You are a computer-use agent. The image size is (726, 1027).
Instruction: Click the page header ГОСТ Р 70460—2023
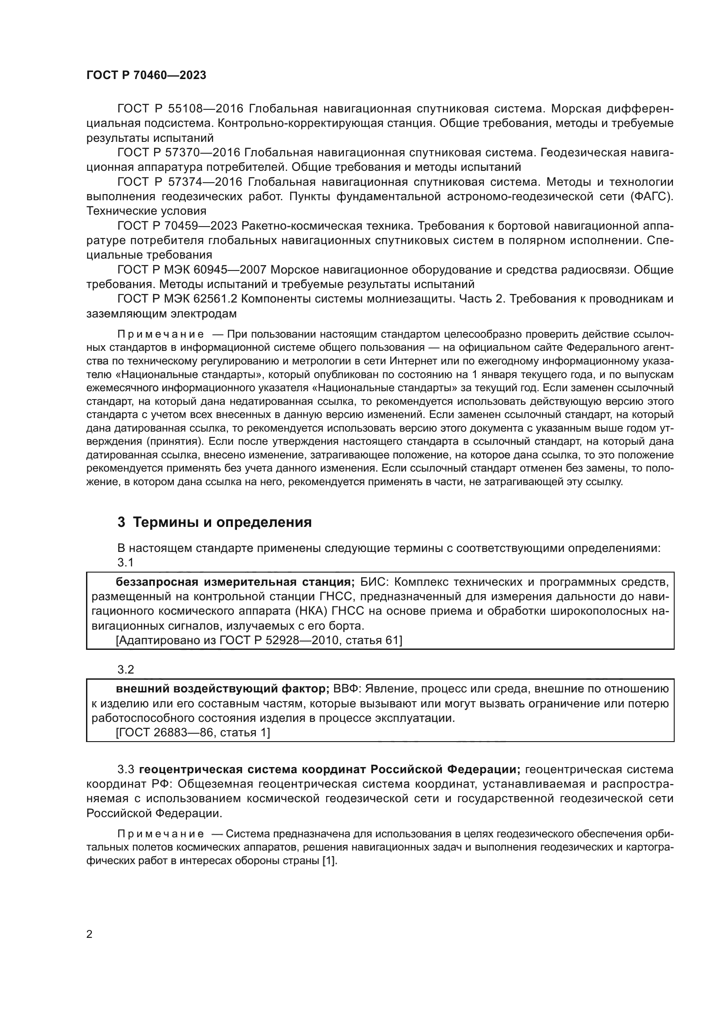(146, 75)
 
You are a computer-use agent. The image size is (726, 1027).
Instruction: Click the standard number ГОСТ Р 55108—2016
(180, 109)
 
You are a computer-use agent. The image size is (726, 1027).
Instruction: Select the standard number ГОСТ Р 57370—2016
(180, 152)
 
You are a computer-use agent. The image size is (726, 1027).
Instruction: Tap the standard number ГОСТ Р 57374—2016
(180, 182)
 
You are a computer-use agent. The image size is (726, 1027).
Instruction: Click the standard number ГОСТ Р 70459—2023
(180, 226)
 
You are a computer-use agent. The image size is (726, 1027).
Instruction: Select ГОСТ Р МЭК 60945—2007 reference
(192, 270)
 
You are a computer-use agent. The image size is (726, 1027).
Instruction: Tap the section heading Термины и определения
(222, 522)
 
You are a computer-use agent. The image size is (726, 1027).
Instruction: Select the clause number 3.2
(126, 670)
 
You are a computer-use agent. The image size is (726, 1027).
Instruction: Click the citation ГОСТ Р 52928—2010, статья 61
(259, 641)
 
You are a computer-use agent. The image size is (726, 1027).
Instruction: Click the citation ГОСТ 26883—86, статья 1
(193, 733)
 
